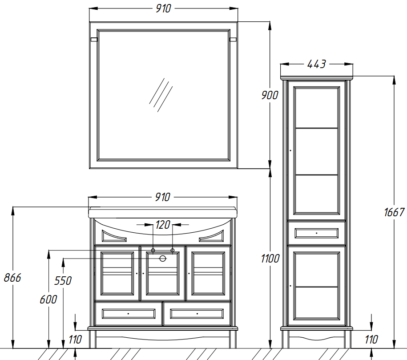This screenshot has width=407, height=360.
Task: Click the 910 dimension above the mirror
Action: [x=163, y=8]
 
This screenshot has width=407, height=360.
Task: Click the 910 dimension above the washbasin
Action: [x=162, y=197]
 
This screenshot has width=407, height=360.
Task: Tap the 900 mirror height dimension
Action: [x=270, y=95]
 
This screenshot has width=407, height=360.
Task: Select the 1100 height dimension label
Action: [x=270, y=259]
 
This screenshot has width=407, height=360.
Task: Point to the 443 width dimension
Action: [x=316, y=64]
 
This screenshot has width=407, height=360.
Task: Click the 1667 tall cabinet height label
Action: [x=394, y=212]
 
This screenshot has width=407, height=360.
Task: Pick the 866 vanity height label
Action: [x=12, y=278]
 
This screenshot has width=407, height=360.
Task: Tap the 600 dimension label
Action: [x=48, y=299]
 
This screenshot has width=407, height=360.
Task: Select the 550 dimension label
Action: [x=63, y=281]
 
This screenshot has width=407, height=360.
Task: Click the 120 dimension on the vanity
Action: [x=163, y=225]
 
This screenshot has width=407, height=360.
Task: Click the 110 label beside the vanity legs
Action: [x=75, y=340]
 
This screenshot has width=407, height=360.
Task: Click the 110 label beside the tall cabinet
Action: [x=371, y=340]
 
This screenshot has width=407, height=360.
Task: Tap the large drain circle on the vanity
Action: [x=163, y=259]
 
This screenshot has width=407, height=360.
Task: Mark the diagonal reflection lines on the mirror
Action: [x=161, y=95]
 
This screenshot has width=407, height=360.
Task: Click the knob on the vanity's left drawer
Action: [x=128, y=314]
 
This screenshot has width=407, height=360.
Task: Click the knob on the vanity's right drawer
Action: [x=197, y=314]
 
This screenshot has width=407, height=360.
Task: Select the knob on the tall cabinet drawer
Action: [x=316, y=233]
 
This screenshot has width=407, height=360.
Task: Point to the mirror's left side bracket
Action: [x=94, y=40]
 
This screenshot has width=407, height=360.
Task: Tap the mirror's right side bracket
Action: [x=233, y=40]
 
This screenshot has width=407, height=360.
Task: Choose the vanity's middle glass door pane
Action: [x=163, y=273]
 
